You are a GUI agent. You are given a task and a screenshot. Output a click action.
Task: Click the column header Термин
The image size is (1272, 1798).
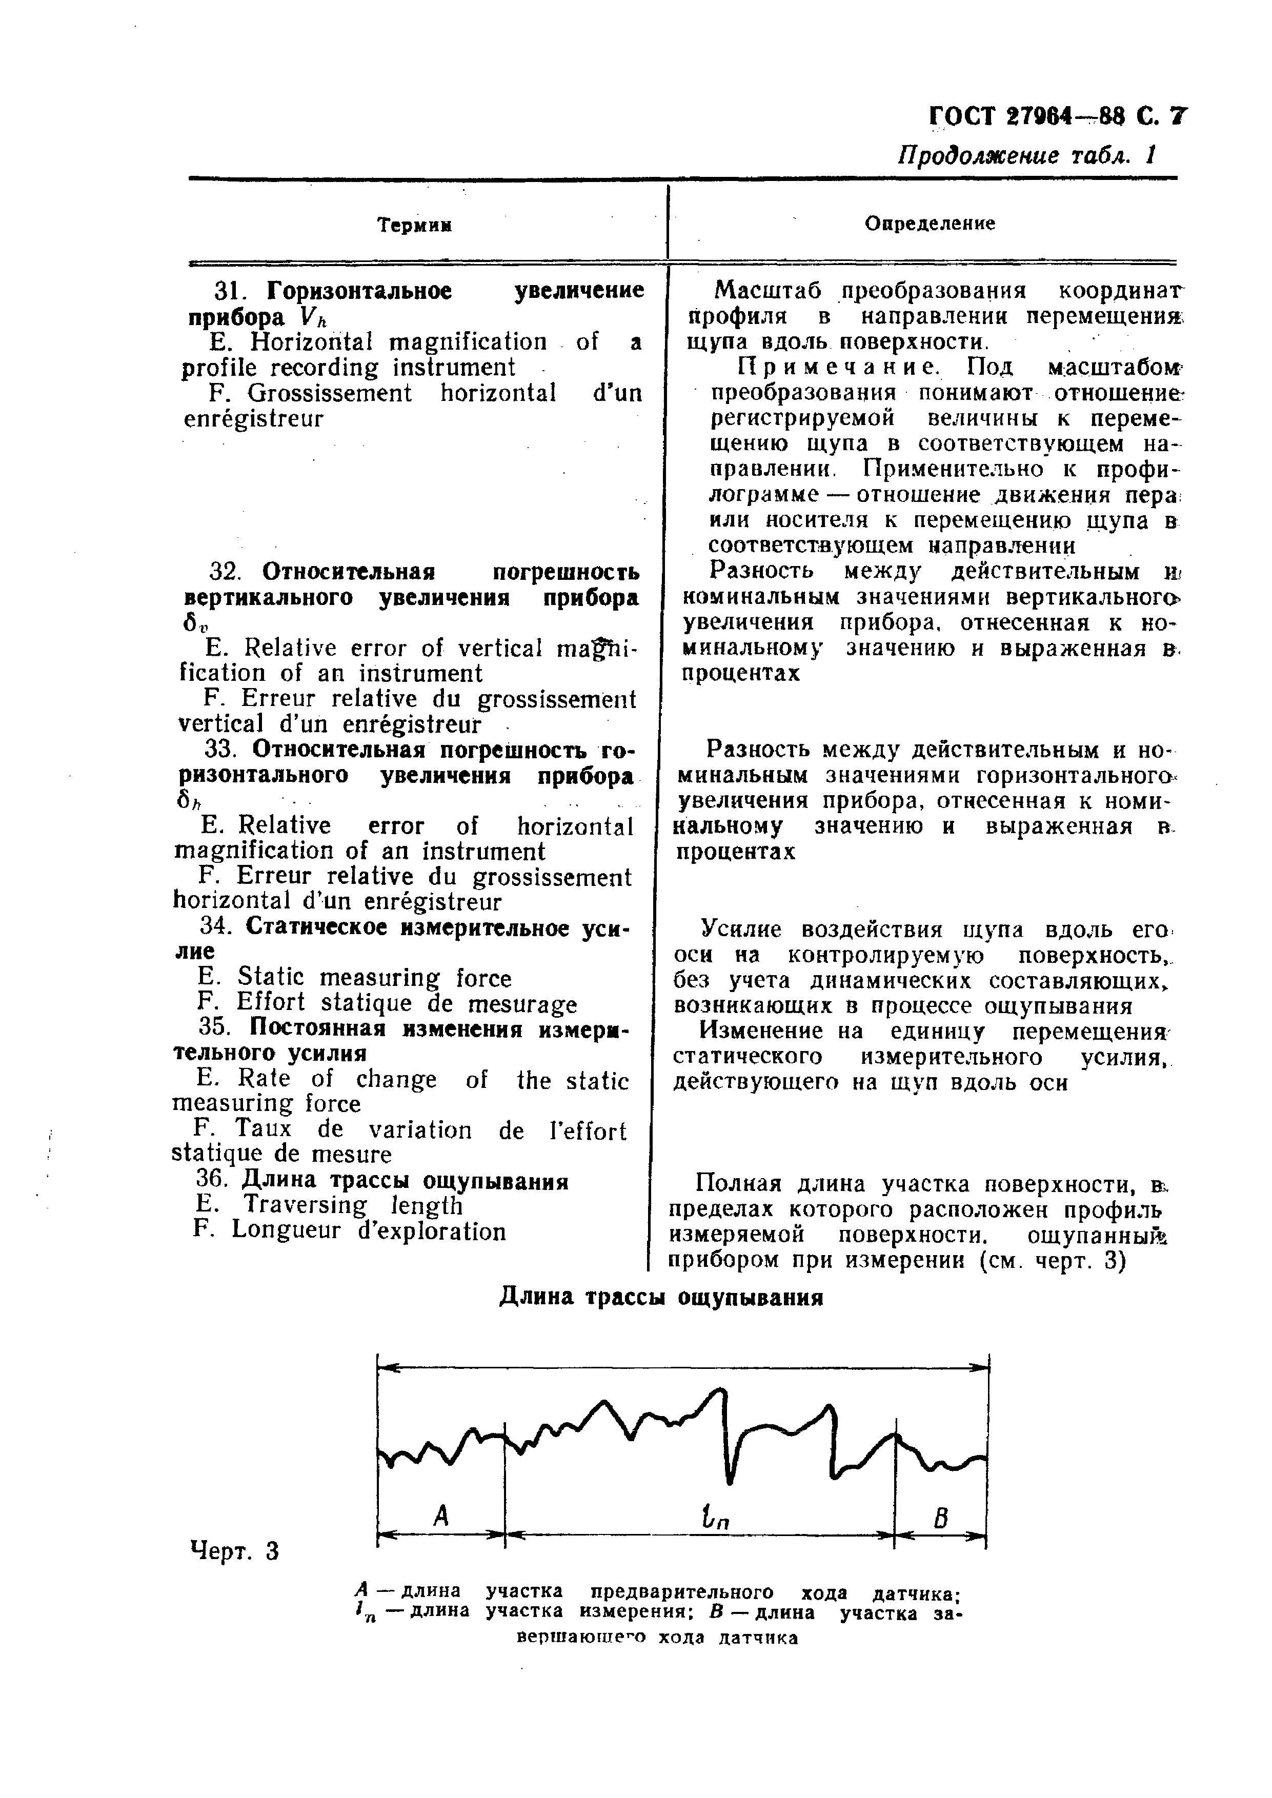pyautogui.click(x=415, y=226)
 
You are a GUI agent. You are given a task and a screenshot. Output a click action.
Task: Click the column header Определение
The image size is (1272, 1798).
pyautogui.click(x=930, y=224)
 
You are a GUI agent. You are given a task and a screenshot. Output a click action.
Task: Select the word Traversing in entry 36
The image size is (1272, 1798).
pyautogui.click(x=305, y=1205)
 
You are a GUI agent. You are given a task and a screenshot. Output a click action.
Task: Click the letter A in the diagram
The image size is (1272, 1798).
pyautogui.click(x=441, y=1517)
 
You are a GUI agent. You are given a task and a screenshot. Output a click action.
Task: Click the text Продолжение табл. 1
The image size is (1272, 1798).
pyautogui.click(x=1026, y=155)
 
